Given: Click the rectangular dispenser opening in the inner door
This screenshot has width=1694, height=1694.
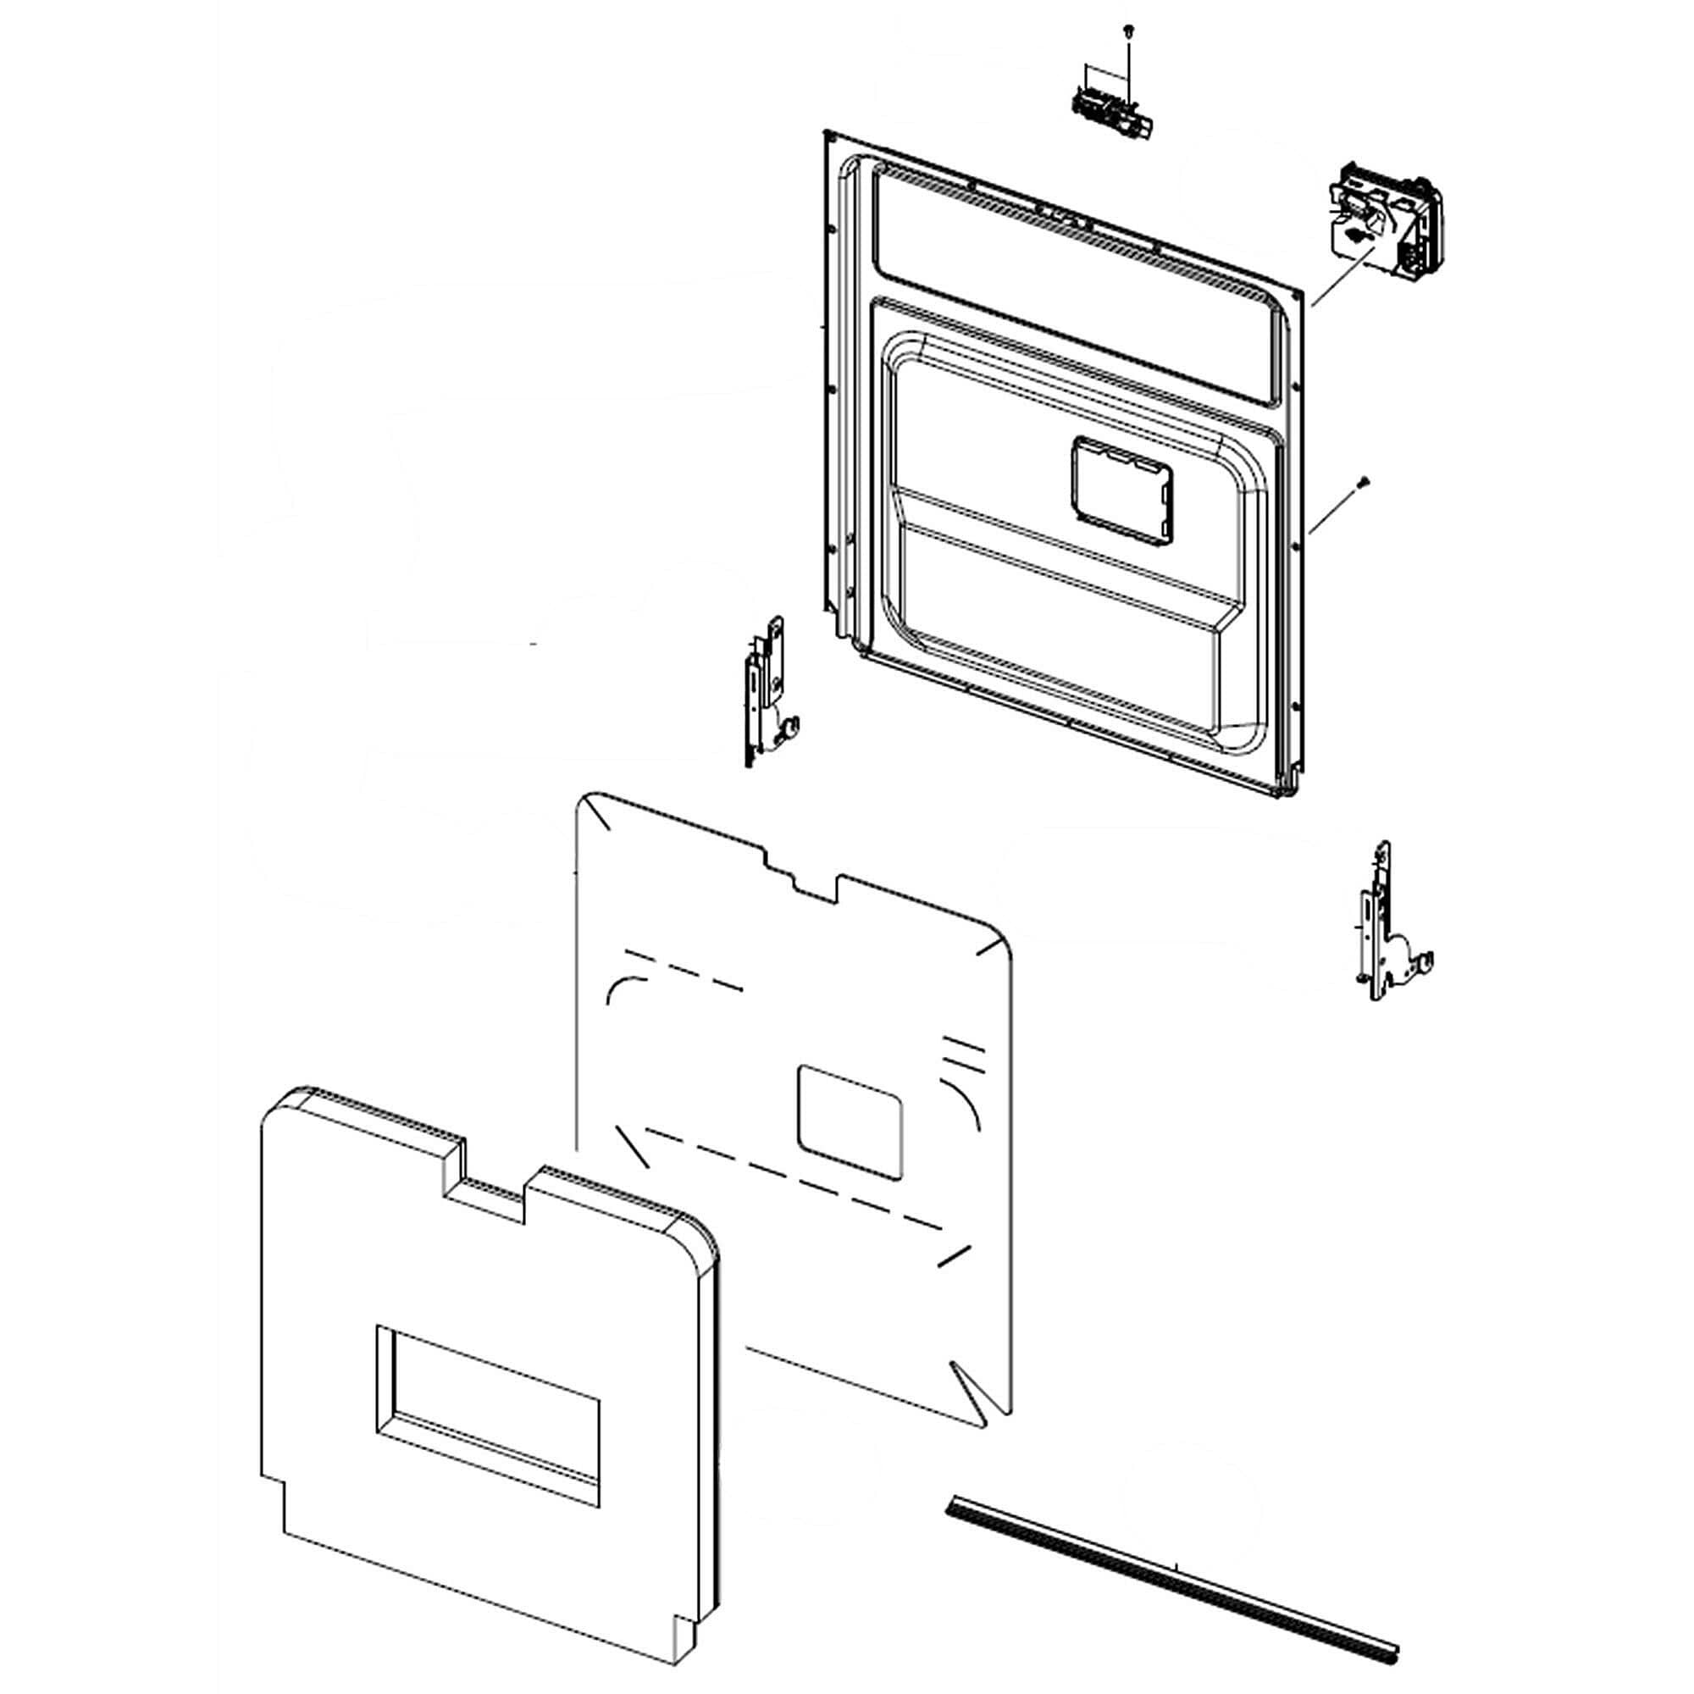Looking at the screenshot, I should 1121,490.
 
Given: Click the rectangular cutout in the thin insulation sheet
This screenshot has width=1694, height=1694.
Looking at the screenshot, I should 849,1121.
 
